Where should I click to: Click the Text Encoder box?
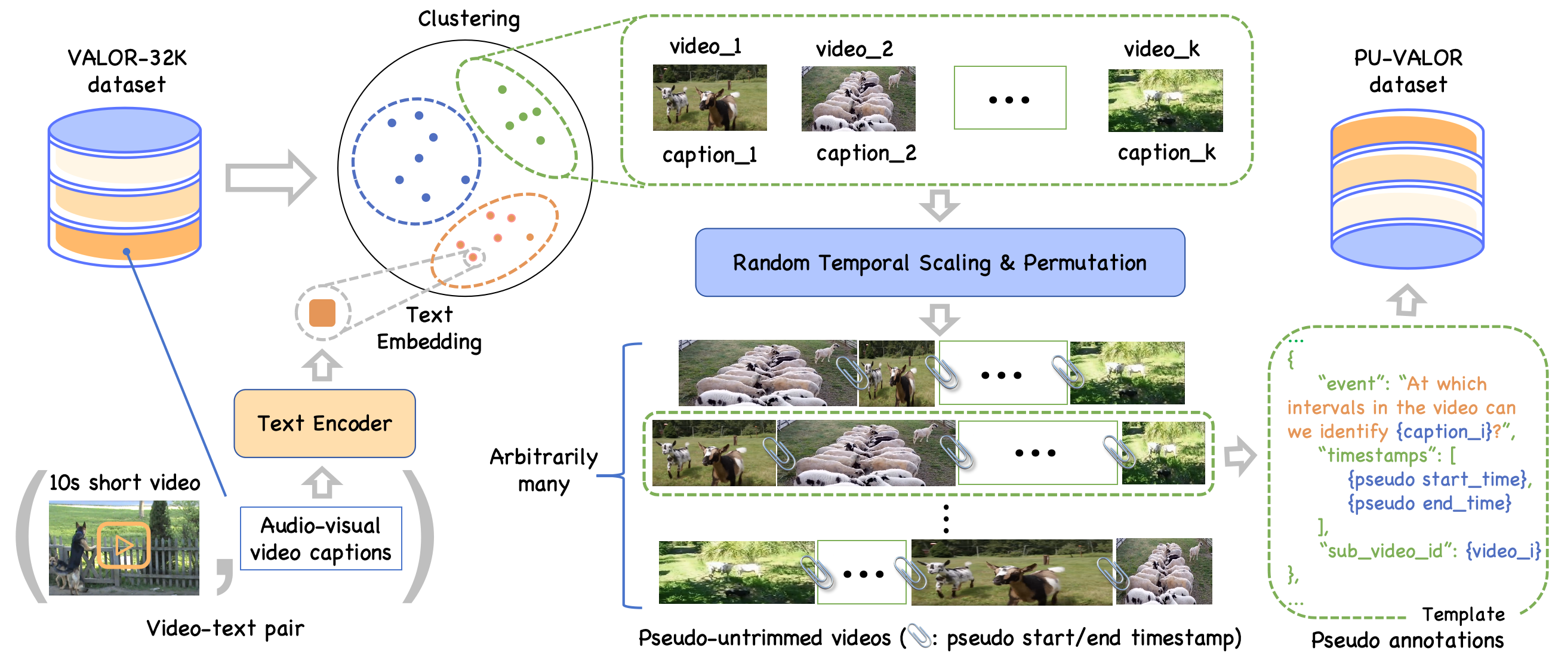[x=324, y=423]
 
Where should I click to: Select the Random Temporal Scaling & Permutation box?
[x=940, y=263]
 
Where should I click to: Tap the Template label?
[x=1463, y=614]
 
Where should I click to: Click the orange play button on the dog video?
[x=124, y=545]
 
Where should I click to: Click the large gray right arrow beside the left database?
[x=270, y=178]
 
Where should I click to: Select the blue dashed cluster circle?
[x=416, y=161]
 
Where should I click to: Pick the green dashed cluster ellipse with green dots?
[x=516, y=117]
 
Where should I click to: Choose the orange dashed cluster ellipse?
[x=495, y=240]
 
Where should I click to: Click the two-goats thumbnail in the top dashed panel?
[x=710, y=98]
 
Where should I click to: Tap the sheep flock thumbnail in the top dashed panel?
[x=858, y=99]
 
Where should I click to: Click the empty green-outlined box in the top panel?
[x=1009, y=98]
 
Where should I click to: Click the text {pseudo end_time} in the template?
[x=1430, y=503]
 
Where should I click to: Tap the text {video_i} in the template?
[x=1502, y=551]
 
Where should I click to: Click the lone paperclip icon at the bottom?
[x=919, y=635]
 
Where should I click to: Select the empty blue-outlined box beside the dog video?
[x=321, y=538]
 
